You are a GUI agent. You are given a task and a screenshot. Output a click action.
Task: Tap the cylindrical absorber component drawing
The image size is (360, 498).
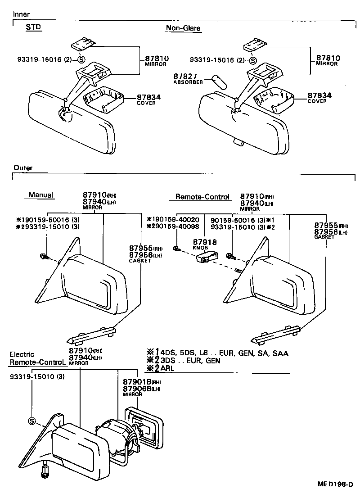point(219,82)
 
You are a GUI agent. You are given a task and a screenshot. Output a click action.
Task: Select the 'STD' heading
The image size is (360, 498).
point(33,27)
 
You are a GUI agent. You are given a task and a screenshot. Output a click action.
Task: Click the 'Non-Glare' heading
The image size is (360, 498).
point(183,28)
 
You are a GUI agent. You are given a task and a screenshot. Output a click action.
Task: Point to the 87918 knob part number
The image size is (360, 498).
point(205,242)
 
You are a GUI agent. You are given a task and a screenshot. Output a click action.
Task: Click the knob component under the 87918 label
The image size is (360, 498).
point(207,258)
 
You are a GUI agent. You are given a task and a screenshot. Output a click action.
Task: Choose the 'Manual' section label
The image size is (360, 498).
point(40,195)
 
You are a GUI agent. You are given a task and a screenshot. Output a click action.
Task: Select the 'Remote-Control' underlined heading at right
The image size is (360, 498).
point(202,197)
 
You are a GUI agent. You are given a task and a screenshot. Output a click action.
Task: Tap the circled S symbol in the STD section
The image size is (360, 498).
point(81,59)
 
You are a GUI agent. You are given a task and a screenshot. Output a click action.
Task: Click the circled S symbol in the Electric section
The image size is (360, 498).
point(32,421)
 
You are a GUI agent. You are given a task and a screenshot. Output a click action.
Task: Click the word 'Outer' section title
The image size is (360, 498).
point(22,168)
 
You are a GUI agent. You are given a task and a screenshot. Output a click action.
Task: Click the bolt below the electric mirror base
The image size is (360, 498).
point(45,472)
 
